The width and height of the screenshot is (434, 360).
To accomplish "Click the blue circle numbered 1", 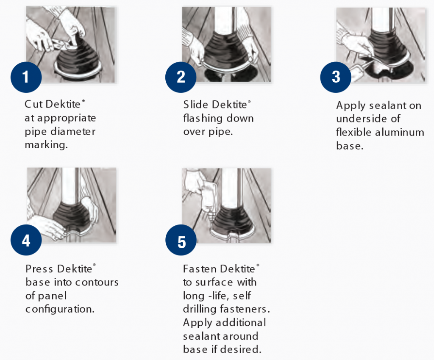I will pos(26,77).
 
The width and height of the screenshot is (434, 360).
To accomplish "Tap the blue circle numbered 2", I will pos(181,77).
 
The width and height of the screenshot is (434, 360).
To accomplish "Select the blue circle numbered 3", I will pos(336,77).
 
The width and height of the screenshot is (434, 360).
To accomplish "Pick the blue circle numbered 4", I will pos(26,241).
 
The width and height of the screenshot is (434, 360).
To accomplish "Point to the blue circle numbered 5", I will pos(181,242).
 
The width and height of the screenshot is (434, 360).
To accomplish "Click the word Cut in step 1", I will pos(33,104).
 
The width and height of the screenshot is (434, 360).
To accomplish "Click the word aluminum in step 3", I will pos(401,133).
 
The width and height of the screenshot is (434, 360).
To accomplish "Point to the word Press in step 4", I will pos(39,269).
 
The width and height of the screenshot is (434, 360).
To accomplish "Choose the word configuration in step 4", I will pos(59,309).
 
